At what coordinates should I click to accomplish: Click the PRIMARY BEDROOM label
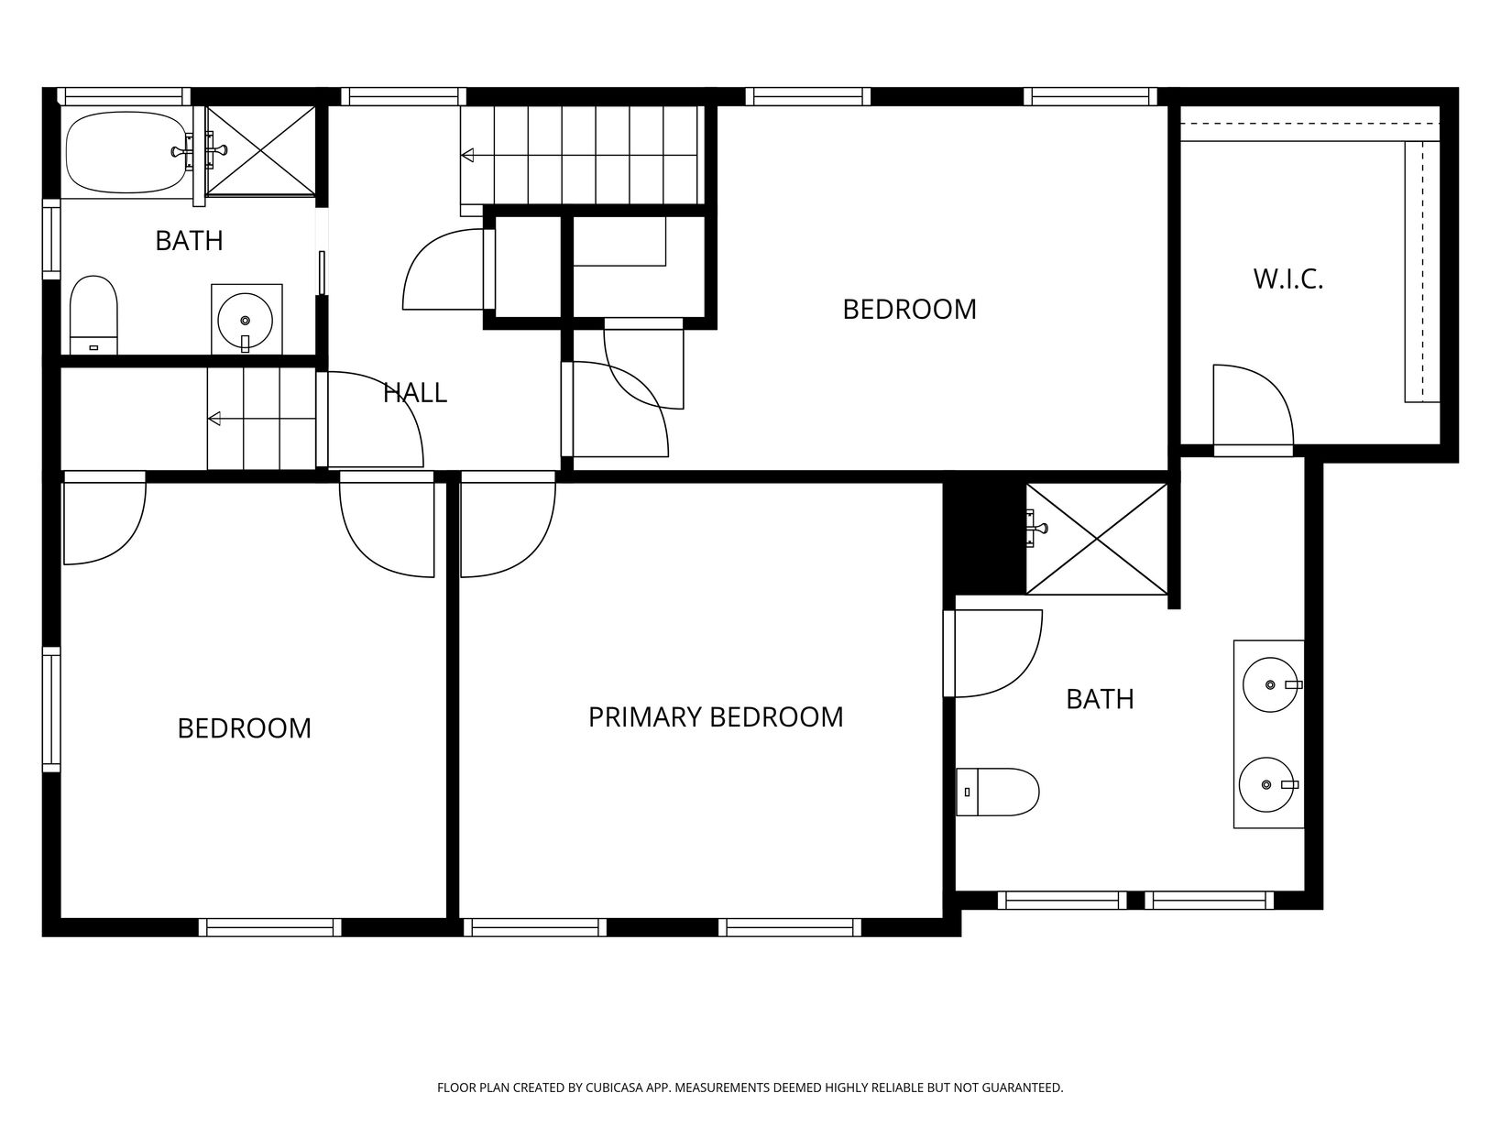716,717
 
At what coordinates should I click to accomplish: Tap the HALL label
414,393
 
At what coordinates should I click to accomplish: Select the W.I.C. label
1288,279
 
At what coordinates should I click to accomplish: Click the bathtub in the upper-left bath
126,152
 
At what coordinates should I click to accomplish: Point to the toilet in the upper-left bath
93,315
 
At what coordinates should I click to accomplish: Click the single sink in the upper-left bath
246,319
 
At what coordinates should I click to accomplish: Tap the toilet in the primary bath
997,792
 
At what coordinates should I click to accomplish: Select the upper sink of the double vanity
1270,684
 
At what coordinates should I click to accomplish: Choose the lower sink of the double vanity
1267,784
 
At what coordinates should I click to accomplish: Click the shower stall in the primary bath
1097,539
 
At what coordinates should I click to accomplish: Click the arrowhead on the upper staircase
467,155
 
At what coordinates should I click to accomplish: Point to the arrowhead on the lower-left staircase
214,419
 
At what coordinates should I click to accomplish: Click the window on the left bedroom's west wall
52,710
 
